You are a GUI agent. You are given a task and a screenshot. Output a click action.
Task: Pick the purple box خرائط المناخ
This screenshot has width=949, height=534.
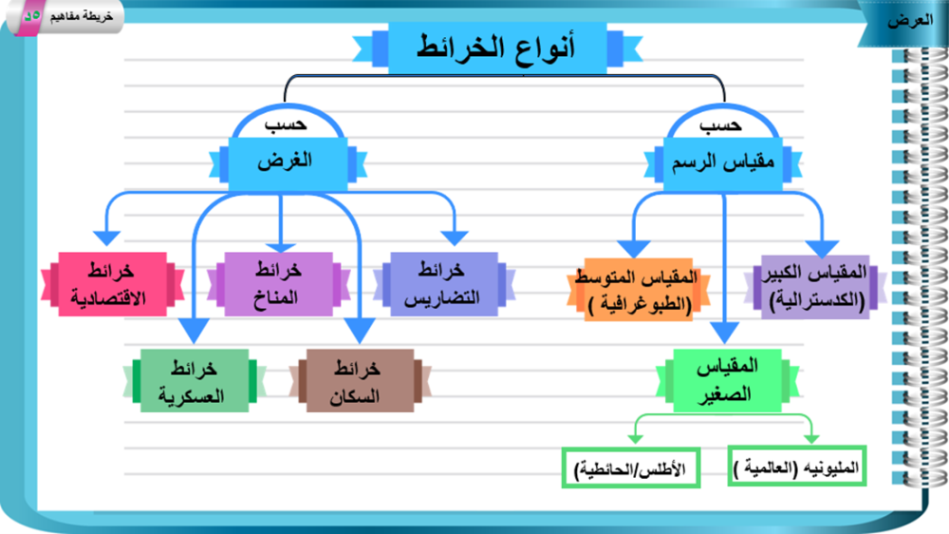tap(277, 284)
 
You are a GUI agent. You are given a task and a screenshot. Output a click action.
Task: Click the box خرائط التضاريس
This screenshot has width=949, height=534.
tap(442, 284)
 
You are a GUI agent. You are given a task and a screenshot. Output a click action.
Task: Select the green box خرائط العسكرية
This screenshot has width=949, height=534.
tap(195, 381)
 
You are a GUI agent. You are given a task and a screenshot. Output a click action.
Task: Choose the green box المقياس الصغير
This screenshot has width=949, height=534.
tap(727, 380)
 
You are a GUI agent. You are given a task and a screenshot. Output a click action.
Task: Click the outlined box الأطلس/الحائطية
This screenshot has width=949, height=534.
tap(630, 469)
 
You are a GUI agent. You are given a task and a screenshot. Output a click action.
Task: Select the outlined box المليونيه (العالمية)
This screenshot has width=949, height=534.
tap(797, 469)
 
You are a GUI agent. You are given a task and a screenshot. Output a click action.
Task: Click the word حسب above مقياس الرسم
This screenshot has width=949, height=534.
tap(720, 126)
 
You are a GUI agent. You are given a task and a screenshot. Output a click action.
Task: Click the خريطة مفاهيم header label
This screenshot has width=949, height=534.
tap(82, 17)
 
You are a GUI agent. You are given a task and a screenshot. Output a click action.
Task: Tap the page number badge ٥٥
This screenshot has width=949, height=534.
tap(31, 16)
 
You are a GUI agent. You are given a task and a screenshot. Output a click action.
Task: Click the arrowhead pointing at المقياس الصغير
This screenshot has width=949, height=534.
tap(725, 333)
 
